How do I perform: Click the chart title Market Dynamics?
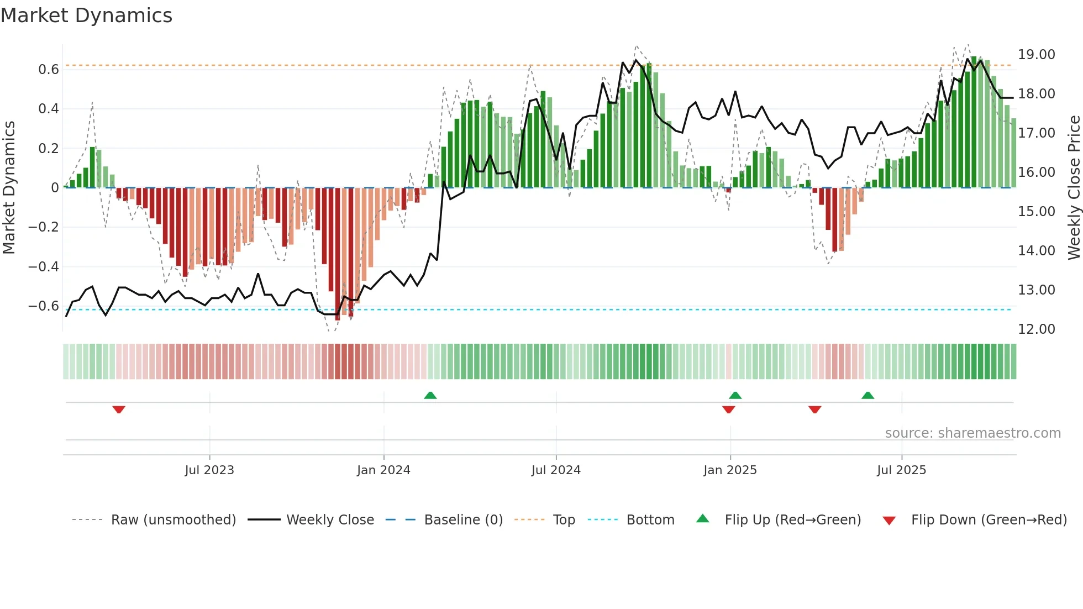point(86,15)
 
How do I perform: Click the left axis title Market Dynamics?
point(9,187)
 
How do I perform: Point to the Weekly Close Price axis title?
point(1073,187)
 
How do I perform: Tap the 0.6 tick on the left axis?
point(49,70)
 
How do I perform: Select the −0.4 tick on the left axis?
point(44,267)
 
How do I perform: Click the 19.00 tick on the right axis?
point(1036,55)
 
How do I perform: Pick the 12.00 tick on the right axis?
point(1036,329)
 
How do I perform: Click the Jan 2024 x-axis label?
point(383,470)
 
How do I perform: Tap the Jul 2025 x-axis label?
point(901,470)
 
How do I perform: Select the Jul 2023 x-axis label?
point(209,470)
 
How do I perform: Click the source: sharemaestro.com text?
point(972,433)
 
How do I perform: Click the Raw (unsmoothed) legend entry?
point(173,520)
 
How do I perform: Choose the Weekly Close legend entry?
point(330,520)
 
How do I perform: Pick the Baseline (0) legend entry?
point(463,520)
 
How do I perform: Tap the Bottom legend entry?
point(650,520)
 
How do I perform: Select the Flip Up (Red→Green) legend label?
point(792,520)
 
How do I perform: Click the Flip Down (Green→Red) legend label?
point(989,520)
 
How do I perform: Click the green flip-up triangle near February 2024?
point(430,395)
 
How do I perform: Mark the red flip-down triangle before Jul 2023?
point(119,410)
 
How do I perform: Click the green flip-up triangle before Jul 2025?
point(868,395)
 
